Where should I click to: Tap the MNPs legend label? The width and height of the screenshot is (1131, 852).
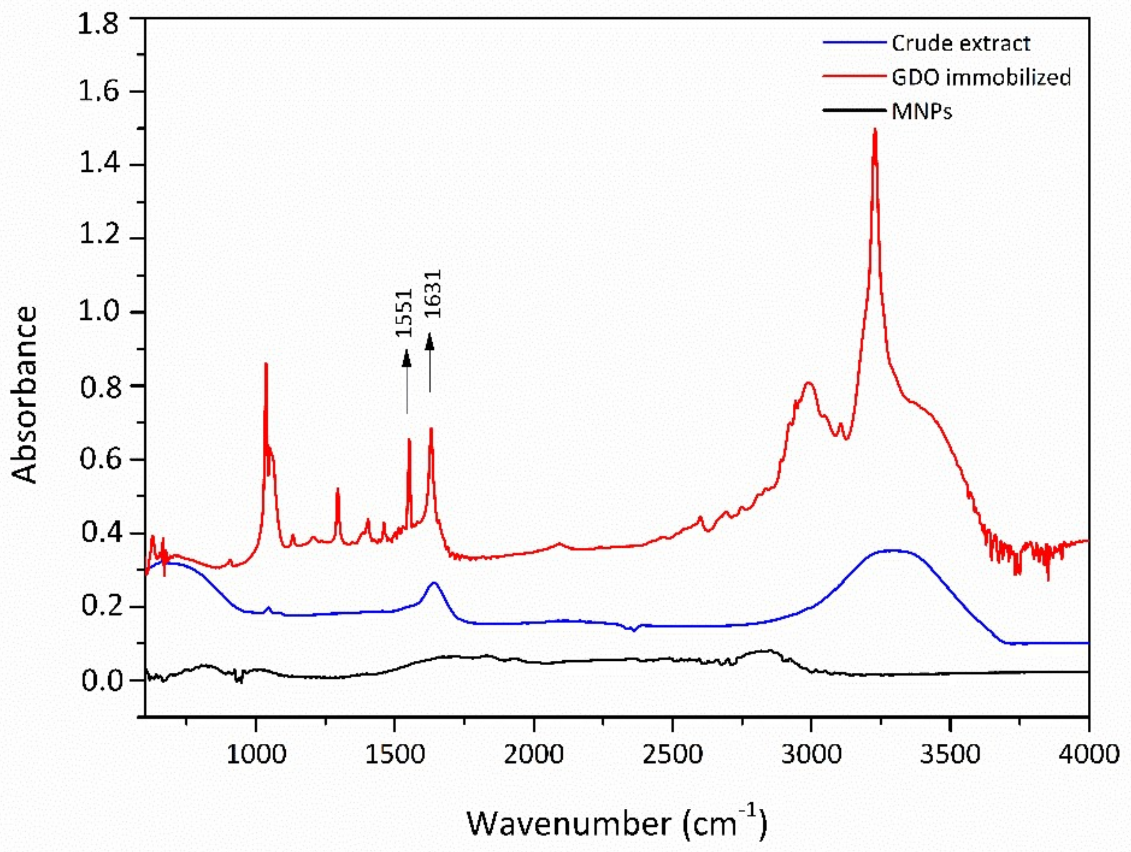click(x=922, y=111)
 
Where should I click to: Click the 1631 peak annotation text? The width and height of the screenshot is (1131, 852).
click(x=432, y=294)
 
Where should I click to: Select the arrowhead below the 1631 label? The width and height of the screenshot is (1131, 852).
click(x=430, y=341)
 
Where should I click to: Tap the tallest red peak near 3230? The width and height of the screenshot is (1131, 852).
click(x=875, y=131)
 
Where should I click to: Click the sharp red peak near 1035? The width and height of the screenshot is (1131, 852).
click(x=266, y=364)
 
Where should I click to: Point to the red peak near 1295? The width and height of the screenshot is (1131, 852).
click(x=337, y=489)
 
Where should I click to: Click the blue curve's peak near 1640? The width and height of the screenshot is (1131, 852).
click(x=435, y=583)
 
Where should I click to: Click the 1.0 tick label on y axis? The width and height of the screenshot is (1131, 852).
click(x=98, y=311)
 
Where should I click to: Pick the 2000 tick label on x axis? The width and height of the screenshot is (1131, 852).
click(x=533, y=755)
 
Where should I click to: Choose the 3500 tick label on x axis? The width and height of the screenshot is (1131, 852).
click(x=949, y=755)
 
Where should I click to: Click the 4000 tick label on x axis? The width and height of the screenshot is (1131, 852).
click(x=1088, y=755)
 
